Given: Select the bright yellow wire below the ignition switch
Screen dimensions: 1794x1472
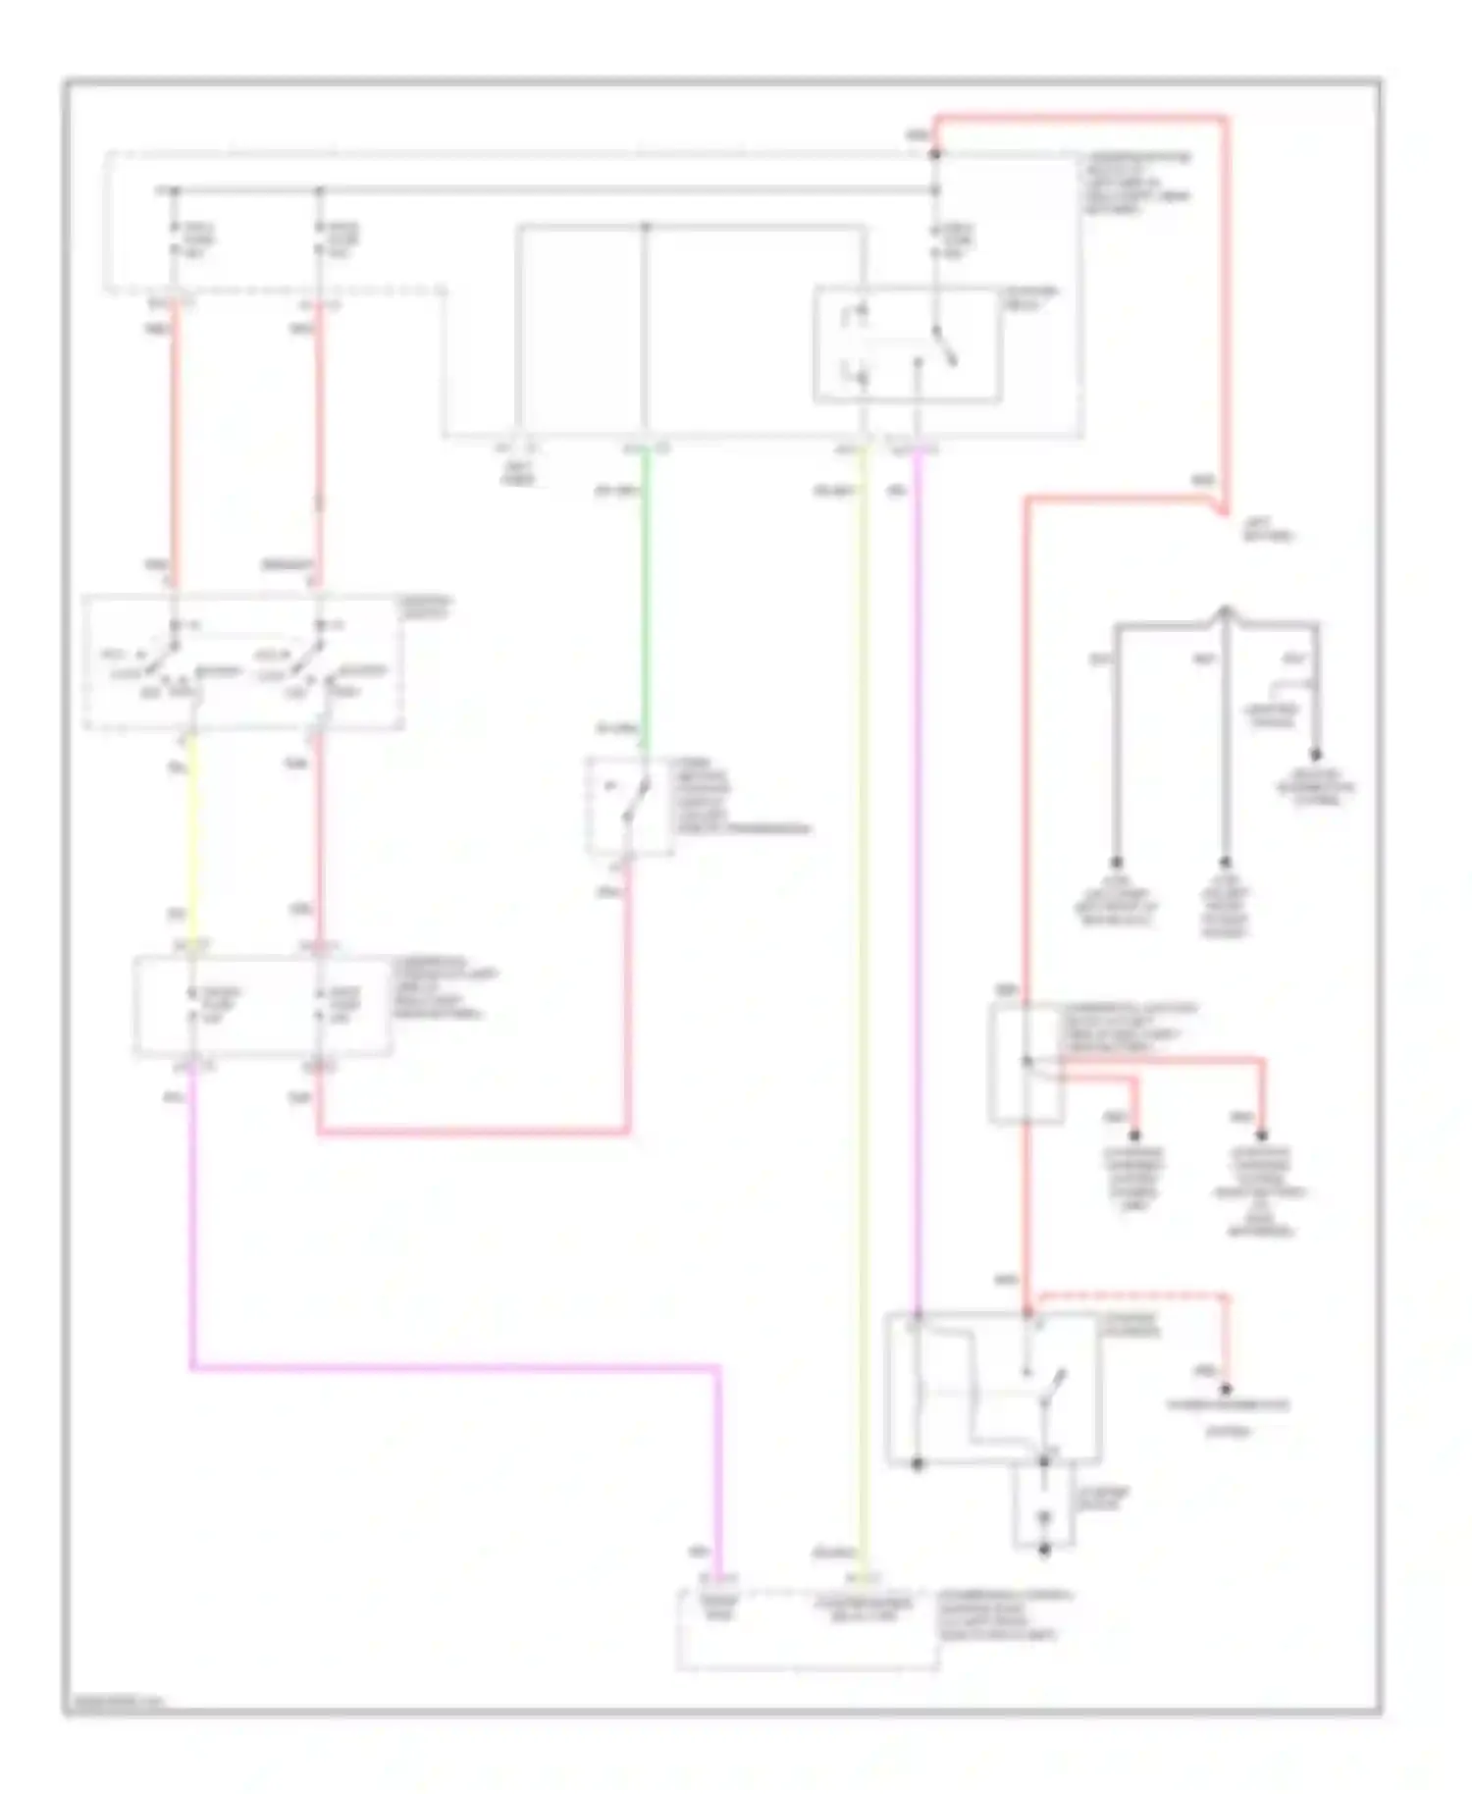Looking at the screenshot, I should (190, 834).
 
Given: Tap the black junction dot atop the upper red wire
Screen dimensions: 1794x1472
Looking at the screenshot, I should (935, 154).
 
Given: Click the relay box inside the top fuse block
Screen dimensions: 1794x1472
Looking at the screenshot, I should (907, 344).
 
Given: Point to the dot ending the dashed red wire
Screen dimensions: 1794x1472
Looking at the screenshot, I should (1225, 1388).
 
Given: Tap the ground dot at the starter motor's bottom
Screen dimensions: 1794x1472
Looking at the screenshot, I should (1044, 1550).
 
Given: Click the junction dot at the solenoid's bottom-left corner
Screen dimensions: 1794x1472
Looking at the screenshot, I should (918, 1463).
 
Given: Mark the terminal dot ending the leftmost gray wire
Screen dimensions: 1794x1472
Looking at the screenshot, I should (1116, 861).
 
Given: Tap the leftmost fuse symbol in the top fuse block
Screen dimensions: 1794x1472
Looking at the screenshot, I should (175, 239).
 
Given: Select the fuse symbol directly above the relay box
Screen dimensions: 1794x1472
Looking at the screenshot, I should (935, 239).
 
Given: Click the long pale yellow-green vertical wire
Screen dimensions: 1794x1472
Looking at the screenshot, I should (864, 981).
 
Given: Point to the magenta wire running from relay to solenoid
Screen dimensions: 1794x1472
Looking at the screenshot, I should (918, 883).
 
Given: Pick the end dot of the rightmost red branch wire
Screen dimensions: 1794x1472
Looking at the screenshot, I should (1263, 1135).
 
